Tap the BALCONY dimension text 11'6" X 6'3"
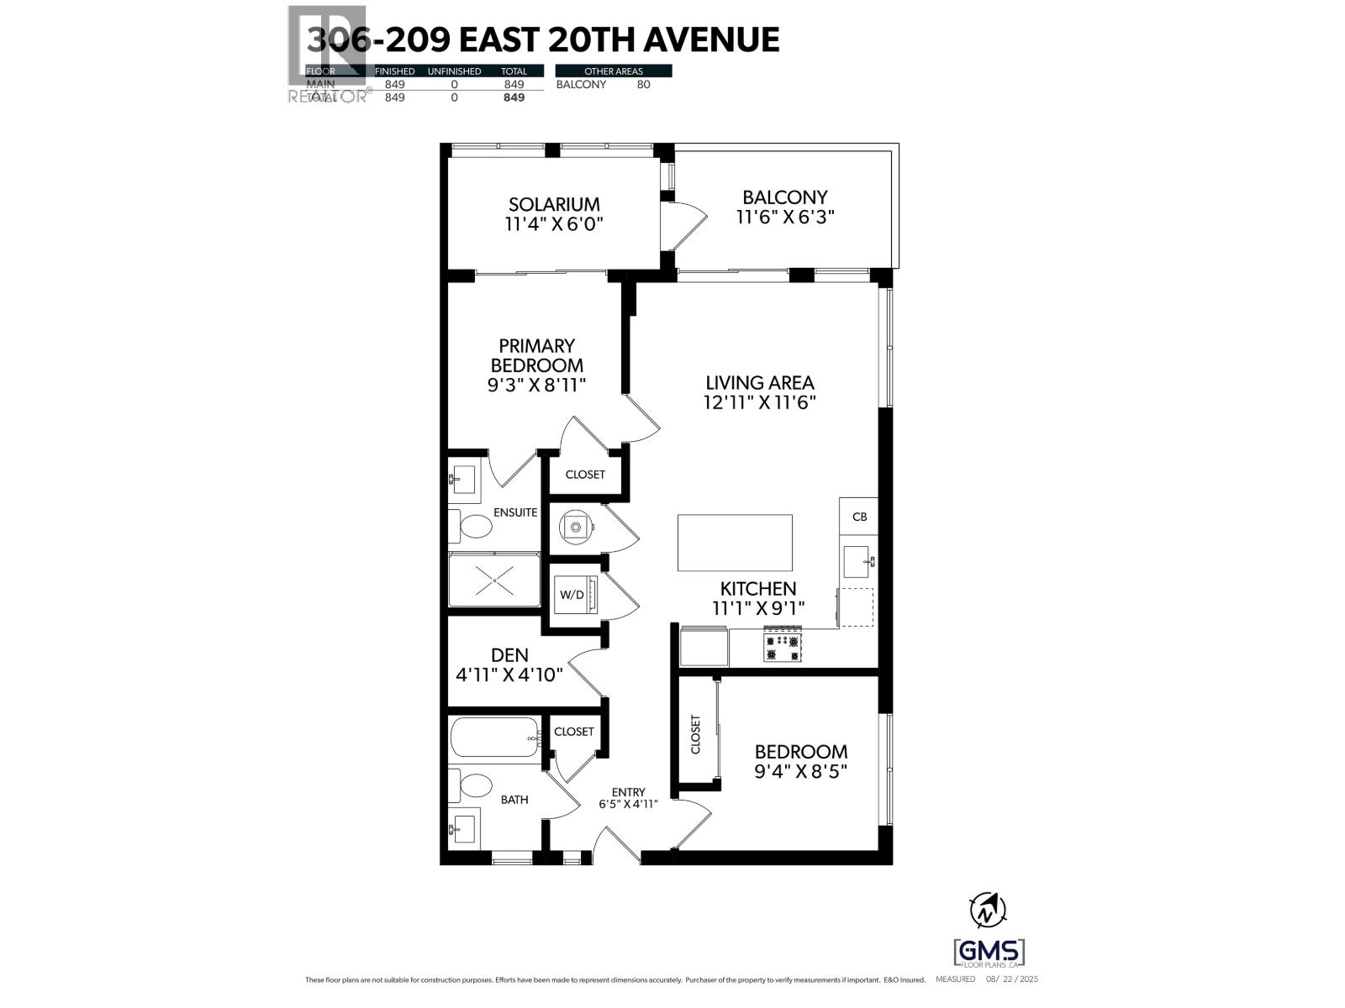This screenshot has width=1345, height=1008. coord(784,217)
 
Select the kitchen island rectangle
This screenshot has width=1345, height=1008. coord(735,543)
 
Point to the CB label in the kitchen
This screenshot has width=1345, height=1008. coord(859,517)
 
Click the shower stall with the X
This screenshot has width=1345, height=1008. coord(494,580)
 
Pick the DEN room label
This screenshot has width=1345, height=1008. coord(509,655)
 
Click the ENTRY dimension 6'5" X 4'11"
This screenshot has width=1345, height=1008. coord(628,804)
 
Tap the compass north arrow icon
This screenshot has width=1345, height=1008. coord(989,909)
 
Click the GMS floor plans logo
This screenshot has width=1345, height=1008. coord(989,952)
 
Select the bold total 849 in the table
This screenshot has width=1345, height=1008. coord(513,97)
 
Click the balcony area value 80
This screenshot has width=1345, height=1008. coord(643,84)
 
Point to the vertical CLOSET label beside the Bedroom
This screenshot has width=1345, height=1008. coord(695,734)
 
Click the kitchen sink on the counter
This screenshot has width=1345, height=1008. coord(857,561)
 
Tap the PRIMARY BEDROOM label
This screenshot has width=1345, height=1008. coord(536,355)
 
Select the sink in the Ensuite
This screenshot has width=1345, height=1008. coord(462,480)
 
